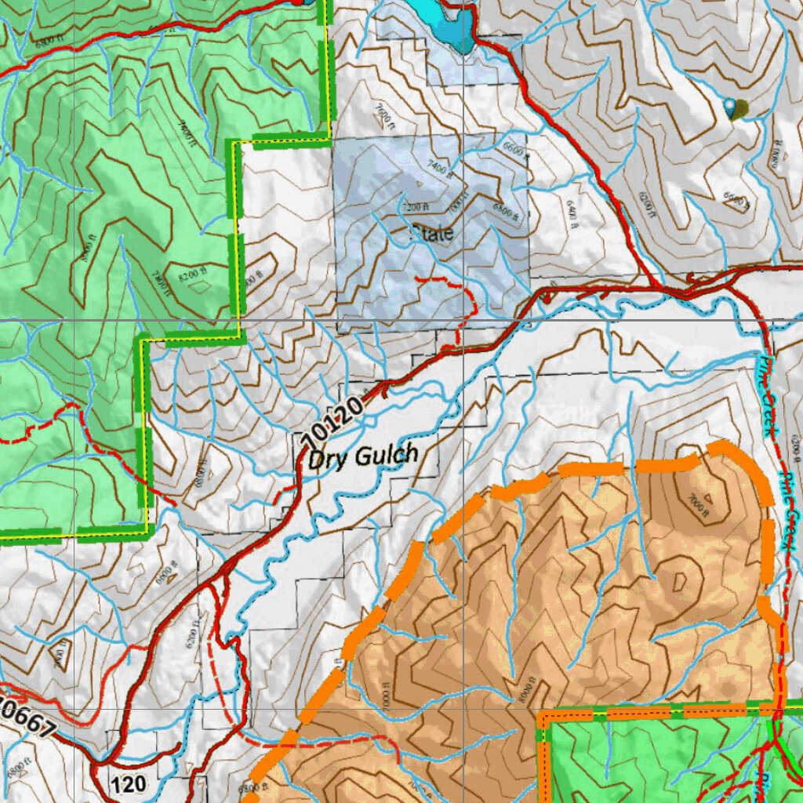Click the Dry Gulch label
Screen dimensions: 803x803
(362, 456)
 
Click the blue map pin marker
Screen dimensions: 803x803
(731, 108)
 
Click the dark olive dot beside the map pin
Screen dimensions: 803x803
(742, 108)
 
